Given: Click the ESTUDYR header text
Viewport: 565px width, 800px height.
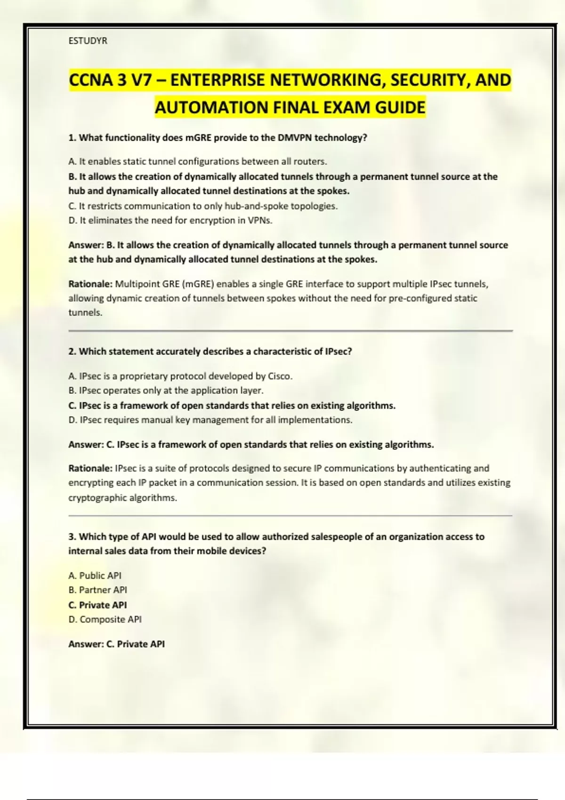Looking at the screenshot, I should click(x=88, y=41).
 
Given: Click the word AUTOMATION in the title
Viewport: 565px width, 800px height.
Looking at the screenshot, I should click(x=212, y=108).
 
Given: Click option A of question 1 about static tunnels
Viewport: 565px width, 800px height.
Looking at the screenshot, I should click(x=198, y=161).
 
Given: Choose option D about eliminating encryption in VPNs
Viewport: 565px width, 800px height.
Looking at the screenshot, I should click(x=170, y=220).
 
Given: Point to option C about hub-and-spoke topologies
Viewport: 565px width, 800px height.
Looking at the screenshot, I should click(x=203, y=206).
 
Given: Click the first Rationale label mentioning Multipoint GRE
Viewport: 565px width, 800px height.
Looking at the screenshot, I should click(x=90, y=284).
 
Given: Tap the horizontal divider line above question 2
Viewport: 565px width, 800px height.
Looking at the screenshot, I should click(x=291, y=331).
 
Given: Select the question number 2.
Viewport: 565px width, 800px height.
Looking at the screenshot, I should click(x=72, y=352).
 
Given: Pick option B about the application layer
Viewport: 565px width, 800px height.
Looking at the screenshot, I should click(x=166, y=391).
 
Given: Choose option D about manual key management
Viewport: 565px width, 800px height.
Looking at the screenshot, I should click(x=210, y=420).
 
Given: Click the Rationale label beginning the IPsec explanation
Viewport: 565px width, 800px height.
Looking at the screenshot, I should click(x=90, y=469).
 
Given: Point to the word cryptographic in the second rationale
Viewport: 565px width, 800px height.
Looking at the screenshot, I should click(x=97, y=498).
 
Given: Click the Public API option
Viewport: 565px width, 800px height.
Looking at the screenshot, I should click(x=95, y=576).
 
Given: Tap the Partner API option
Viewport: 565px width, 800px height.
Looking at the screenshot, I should click(x=98, y=590).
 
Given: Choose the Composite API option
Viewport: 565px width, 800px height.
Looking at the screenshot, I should click(x=105, y=619).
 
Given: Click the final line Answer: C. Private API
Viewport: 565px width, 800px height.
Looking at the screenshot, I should click(x=117, y=644).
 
